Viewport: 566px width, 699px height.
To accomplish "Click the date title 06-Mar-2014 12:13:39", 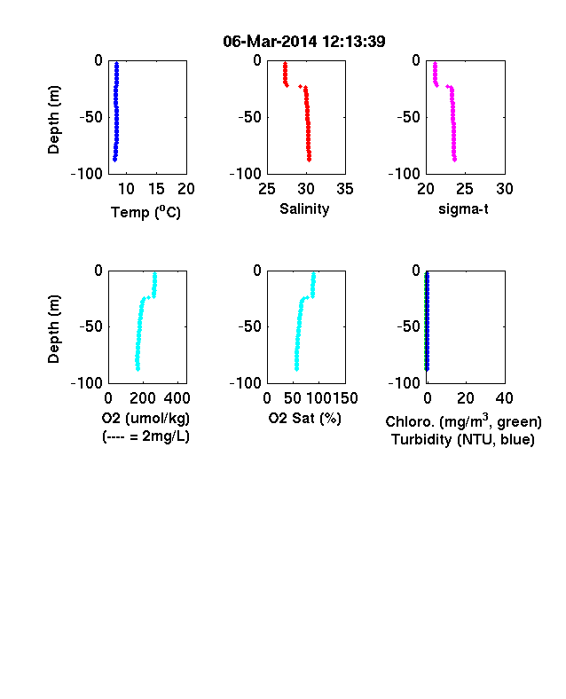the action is [304, 42].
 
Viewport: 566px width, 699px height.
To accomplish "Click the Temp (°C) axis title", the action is [145, 212].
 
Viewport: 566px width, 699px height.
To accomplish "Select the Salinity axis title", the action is [304, 209].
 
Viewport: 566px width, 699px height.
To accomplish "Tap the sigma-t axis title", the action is [463, 208].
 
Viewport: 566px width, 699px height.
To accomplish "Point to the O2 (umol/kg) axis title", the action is [145, 418].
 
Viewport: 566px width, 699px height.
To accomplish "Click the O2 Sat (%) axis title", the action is [305, 418].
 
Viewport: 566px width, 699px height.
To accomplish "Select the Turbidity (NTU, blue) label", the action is [463, 440].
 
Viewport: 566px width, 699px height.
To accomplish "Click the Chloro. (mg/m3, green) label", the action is [463, 421].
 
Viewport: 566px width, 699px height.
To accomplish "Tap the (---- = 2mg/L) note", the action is [145, 436].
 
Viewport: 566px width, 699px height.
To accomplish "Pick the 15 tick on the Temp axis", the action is [156, 189].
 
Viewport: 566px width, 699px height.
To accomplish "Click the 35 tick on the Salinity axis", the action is [345, 189].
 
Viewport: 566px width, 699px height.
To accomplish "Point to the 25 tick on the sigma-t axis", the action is [465, 189].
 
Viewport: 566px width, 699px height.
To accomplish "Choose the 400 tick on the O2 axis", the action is [177, 398].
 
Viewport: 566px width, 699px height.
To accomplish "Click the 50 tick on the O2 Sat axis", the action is [293, 398].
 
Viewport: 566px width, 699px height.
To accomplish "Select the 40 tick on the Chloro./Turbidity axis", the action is [505, 398].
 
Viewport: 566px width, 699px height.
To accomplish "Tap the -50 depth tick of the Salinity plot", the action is [249, 117].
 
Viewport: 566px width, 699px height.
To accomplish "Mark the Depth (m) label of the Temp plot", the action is [53, 120].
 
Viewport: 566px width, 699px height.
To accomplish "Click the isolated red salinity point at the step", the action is [301, 86].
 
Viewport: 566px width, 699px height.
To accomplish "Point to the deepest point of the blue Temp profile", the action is [114, 160].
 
